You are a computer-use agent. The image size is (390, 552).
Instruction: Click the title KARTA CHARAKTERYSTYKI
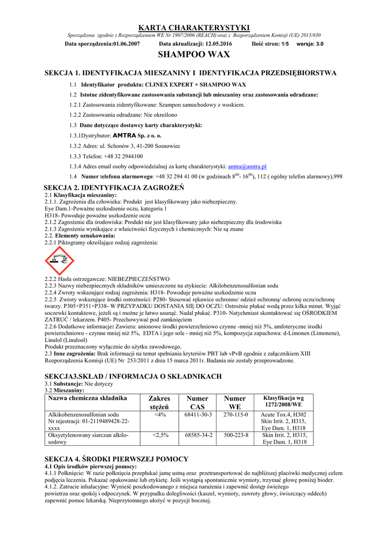[x=194, y=27]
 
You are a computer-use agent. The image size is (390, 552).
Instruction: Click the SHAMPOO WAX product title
[x=194, y=54]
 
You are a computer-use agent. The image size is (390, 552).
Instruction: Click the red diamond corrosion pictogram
[x=59, y=260]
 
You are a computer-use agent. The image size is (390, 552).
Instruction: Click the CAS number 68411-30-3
[x=198, y=415]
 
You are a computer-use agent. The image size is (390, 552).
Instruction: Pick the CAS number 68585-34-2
[x=198, y=434]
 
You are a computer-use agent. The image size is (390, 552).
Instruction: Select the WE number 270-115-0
[x=235, y=415]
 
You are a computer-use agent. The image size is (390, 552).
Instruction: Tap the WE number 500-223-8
[x=235, y=434]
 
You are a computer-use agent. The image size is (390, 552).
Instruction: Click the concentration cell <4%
[x=159, y=415]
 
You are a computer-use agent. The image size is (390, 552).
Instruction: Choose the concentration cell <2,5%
[x=160, y=434]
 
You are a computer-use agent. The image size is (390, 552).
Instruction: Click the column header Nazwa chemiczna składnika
[x=87, y=398]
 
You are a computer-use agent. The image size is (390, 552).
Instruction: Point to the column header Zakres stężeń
[x=159, y=402]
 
